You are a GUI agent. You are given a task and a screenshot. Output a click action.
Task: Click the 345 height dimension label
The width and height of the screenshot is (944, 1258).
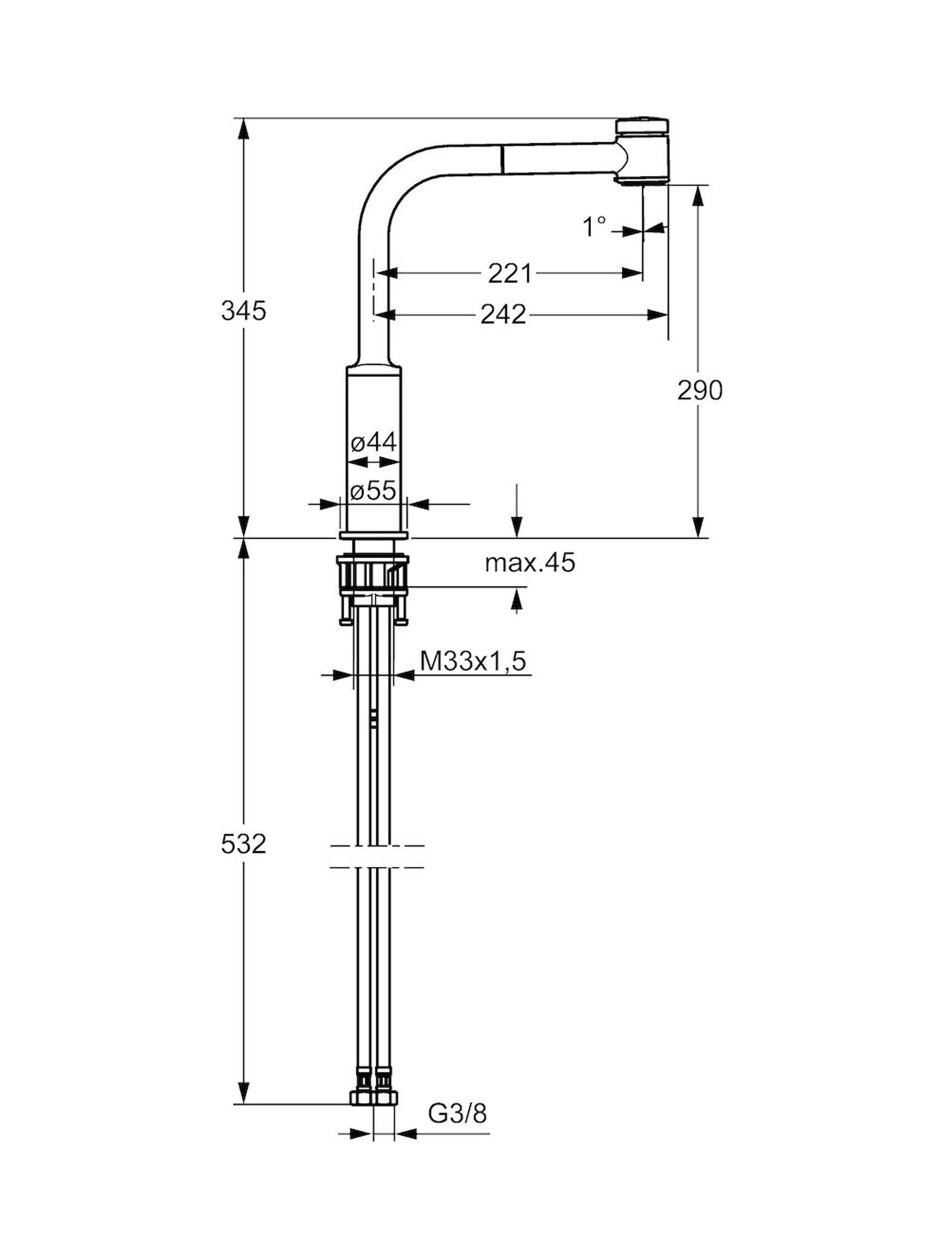[x=244, y=311]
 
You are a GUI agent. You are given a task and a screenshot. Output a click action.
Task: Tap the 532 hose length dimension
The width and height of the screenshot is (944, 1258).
[x=244, y=844]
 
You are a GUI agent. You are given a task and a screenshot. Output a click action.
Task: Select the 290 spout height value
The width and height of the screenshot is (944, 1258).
[x=700, y=391]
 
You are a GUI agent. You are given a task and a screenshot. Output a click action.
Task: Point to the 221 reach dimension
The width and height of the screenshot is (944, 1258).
[x=510, y=274]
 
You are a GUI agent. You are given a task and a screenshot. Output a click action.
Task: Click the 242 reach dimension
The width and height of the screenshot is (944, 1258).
[x=503, y=314]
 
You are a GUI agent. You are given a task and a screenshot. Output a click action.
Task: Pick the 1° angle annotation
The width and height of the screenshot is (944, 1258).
[x=594, y=226]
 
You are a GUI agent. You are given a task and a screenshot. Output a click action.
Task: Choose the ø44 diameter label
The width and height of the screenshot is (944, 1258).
[x=374, y=442]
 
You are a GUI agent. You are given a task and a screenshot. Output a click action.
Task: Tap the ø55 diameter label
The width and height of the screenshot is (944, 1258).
[x=374, y=491]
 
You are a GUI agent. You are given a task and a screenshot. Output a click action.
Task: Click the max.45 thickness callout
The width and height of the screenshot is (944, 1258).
[x=530, y=563]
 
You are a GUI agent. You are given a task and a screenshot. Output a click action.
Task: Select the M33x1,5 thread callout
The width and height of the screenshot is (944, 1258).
[x=473, y=661]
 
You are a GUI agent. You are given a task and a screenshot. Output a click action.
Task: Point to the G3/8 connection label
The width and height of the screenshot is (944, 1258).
[x=458, y=1114]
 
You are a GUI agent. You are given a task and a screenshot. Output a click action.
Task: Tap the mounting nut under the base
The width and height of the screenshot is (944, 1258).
[x=373, y=576]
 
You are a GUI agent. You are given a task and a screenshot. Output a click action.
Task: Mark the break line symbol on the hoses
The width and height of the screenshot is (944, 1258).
[x=376, y=857]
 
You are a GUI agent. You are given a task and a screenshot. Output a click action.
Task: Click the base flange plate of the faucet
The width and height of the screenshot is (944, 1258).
[x=373, y=535]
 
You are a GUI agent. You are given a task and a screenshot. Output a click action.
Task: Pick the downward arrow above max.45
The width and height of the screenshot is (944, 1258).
[x=517, y=513]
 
